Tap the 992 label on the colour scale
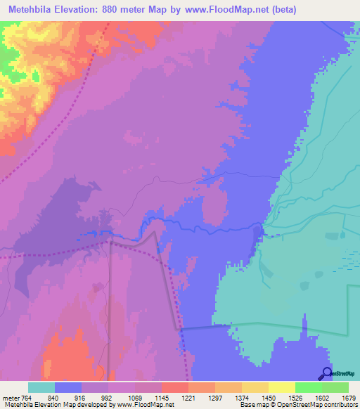point(108,398)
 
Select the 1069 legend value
point(135,398)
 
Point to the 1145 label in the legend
point(162,398)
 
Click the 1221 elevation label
point(188,398)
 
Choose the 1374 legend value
point(242,398)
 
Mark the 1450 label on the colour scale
point(269,398)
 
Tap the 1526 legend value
point(295,398)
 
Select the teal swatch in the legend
point(41,387)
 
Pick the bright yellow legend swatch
point(281,387)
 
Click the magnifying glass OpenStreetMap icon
point(326,372)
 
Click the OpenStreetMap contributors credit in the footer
point(319,405)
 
